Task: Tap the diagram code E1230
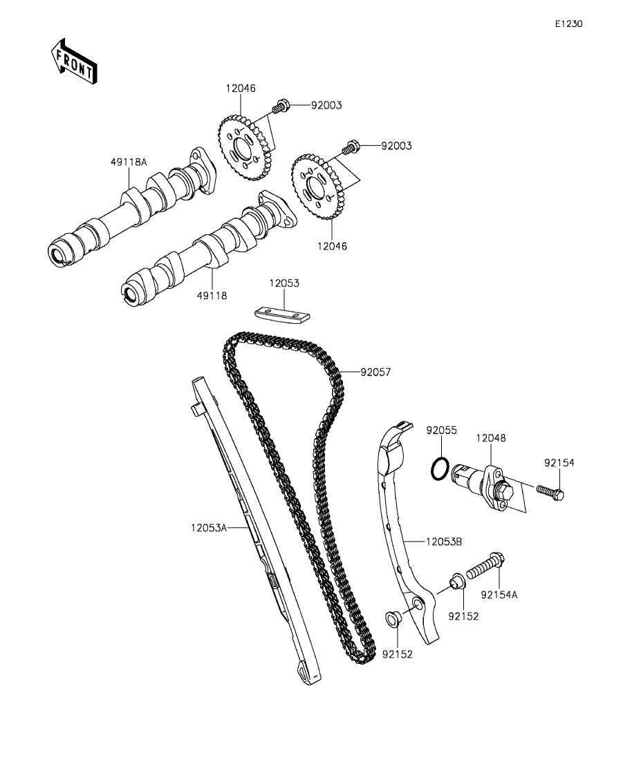pyautogui.click(x=568, y=23)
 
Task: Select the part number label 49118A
pyautogui.click(x=128, y=162)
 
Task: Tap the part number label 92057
pyautogui.click(x=375, y=372)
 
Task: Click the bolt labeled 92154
pyautogui.click(x=551, y=493)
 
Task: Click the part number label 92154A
pyautogui.click(x=499, y=593)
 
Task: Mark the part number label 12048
pyautogui.click(x=490, y=438)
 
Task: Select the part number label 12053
pyautogui.click(x=284, y=283)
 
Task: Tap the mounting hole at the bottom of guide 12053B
pyautogui.click(x=418, y=607)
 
